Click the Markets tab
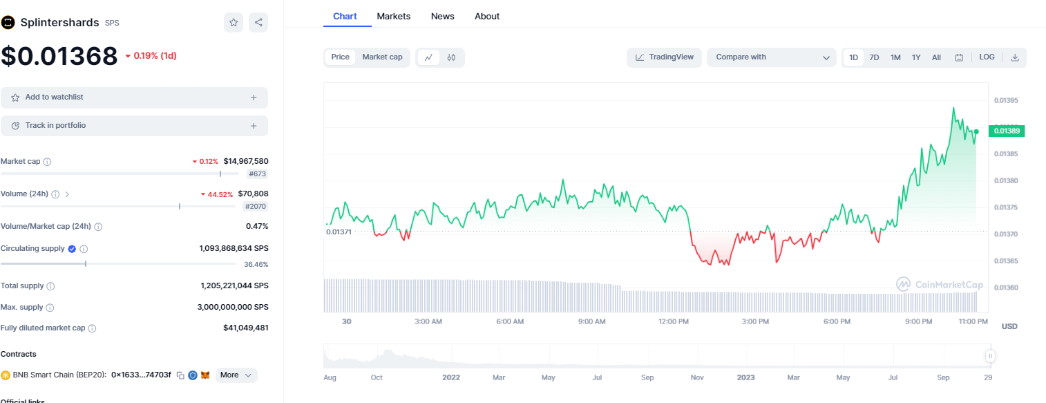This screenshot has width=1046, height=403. click(x=393, y=16)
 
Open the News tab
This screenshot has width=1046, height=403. click(x=442, y=16)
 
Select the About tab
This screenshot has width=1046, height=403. click(x=486, y=16)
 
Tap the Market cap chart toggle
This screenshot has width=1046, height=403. click(x=382, y=57)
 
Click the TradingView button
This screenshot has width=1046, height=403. click(x=664, y=57)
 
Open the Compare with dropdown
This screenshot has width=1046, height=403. click(x=772, y=57)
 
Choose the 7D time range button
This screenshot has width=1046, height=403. click(x=874, y=57)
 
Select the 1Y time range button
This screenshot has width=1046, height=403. click(x=916, y=57)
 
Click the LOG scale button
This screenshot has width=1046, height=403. click(x=987, y=57)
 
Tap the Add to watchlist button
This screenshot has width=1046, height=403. click(x=134, y=97)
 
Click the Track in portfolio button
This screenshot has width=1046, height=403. click(x=134, y=126)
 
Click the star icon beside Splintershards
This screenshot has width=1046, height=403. click(x=234, y=23)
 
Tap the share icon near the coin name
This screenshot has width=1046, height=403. click(x=258, y=23)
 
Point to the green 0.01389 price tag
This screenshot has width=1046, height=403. click(x=1007, y=131)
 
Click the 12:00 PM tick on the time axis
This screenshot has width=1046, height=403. click(x=674, y=321)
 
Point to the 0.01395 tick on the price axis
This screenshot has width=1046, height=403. click(x=1005, y=100)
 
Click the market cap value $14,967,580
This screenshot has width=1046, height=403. click(x=245, y=161)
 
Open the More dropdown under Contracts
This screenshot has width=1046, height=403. click(x=236, y=375)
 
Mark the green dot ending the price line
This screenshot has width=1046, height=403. click(x=976, y=131)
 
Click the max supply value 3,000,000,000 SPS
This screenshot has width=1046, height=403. click(x=234, y=307)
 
